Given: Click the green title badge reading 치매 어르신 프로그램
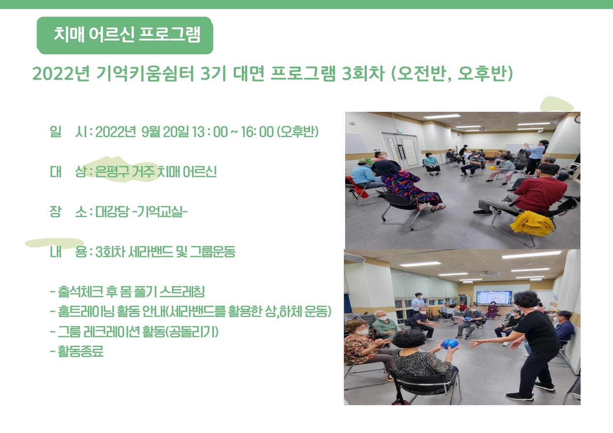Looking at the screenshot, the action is [125, 35].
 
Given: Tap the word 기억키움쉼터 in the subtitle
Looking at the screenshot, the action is [145, 74].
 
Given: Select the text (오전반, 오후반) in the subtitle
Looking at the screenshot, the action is [452, 74].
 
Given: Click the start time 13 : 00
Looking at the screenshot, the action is [210, 132].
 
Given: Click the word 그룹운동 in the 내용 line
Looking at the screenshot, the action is [213, 252].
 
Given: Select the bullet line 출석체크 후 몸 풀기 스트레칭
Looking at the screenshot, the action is [128, 292].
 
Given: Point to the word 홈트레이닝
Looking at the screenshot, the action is [85, 312].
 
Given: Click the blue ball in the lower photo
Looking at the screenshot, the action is [449, 344].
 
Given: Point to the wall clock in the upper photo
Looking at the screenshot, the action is [578, 118].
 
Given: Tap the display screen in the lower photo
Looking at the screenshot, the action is [494, 298].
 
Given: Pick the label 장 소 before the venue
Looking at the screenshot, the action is [68, 211].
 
